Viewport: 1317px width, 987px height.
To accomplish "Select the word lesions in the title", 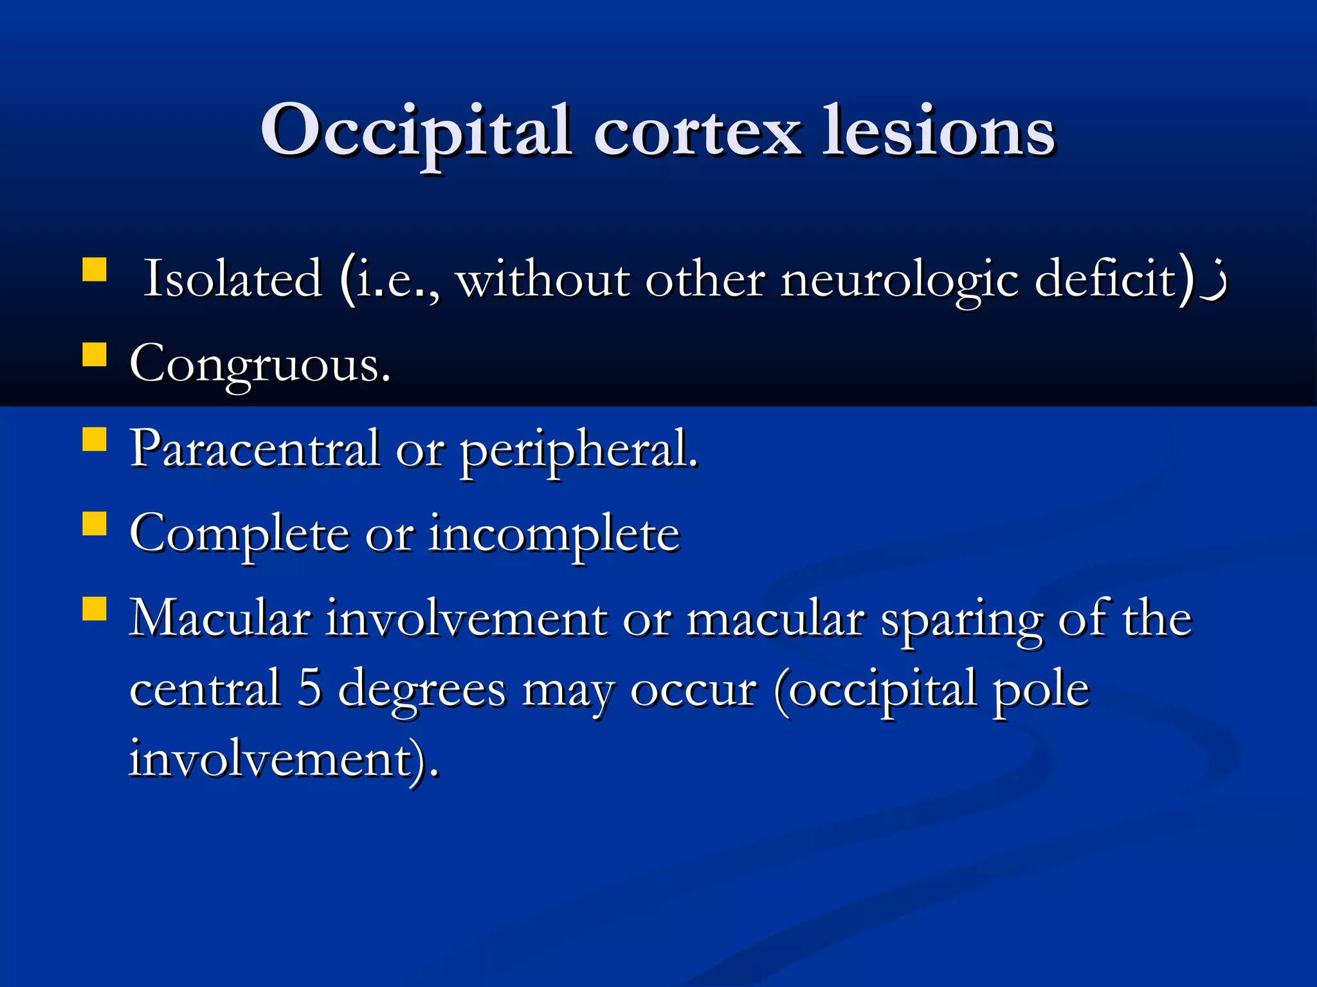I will [x=939, y=132].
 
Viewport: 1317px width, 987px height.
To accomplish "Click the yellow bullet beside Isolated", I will [x=95, y=270].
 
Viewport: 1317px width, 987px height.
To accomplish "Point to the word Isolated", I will [x=232, y=279].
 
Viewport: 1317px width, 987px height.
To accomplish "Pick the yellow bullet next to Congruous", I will [x=95, y=354].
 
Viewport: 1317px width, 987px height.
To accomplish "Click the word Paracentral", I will [x=255, y=449].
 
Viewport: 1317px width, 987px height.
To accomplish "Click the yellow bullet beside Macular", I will [x=95, y=609].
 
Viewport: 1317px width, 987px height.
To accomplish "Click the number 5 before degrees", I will [x=309, y=688].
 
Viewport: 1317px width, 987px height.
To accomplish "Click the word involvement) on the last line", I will [x=283, y=760].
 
